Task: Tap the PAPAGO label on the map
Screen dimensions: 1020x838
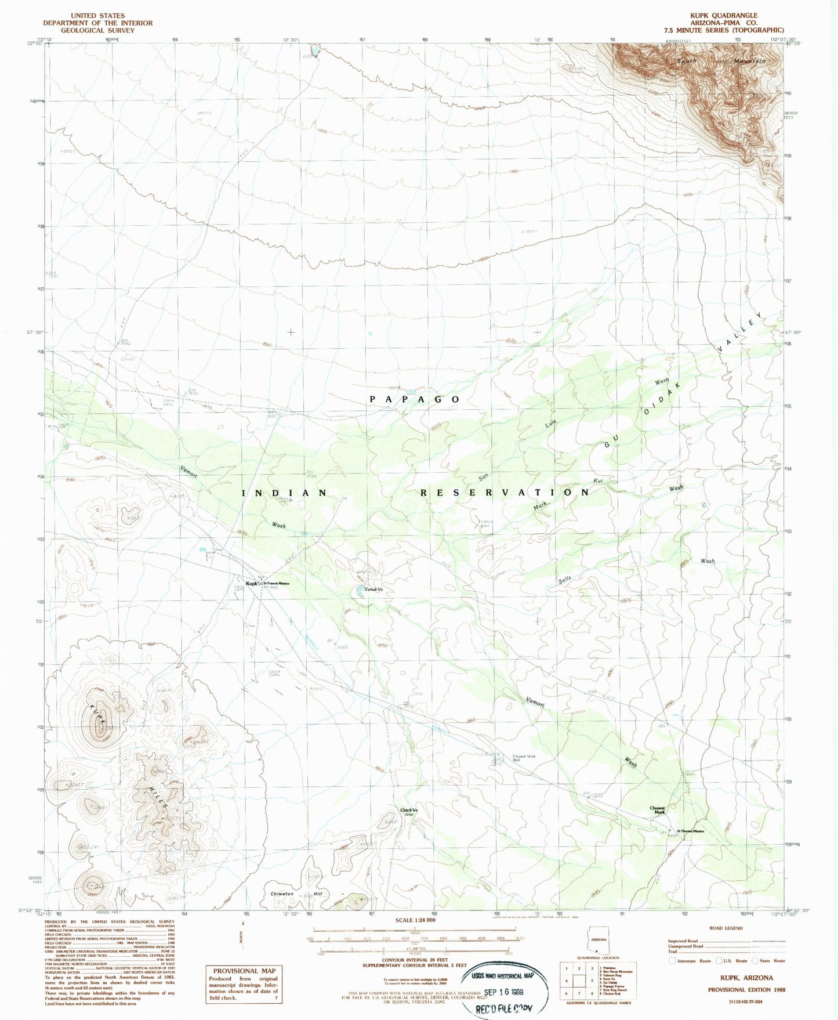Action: click(415, 400)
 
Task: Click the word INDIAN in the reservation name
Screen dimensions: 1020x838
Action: click(284, 493)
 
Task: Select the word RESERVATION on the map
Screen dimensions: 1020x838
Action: click(505, 493)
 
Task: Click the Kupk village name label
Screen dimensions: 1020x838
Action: click(251, 584)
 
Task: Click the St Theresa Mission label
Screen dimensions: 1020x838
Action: click(690, 831)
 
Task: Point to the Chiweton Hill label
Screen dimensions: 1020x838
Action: click(296, 894)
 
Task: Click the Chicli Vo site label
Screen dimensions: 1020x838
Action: click(409, 812)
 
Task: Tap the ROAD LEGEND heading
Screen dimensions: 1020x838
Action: click(724, 928)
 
